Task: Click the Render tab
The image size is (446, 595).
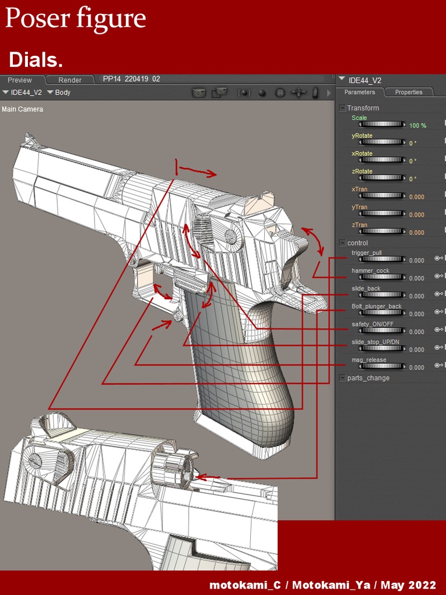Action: (70, 80)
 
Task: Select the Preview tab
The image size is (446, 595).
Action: (20, 80)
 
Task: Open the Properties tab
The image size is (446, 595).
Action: (408, 92)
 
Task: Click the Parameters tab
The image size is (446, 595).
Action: (359, 92)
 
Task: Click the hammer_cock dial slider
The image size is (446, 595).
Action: (383, 278)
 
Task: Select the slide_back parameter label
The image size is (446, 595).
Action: (366, 288)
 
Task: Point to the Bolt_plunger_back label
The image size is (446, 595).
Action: (376, 306)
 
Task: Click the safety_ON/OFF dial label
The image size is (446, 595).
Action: (372, 324)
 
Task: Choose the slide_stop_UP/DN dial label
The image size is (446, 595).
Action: (375, 342)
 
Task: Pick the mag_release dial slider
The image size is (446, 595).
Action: (383, 367)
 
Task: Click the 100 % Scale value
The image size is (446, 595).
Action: (418, 126)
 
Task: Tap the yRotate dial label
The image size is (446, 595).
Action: (362, 135)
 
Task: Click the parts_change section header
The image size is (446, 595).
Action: (368, 378)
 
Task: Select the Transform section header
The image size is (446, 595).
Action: (362, 108)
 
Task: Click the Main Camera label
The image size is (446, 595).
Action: (22, 109)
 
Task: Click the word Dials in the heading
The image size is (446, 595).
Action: (36, 59)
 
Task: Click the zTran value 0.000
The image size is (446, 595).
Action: (416, 232)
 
